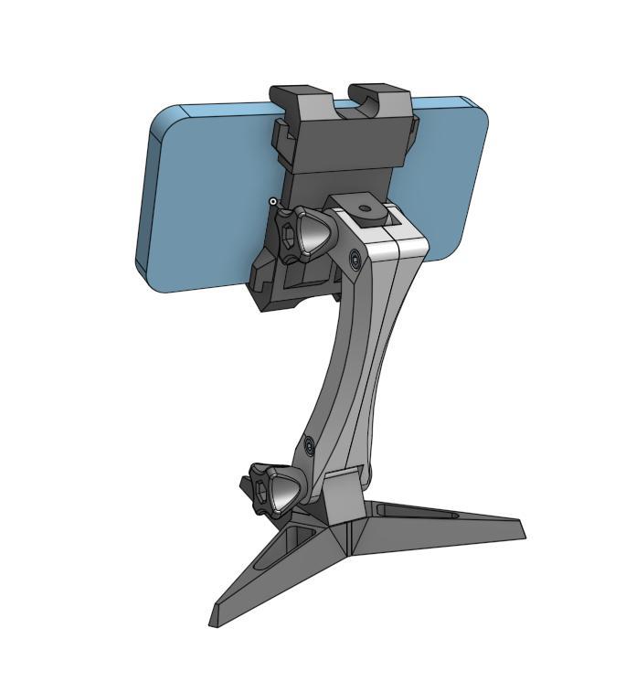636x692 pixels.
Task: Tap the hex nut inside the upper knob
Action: tap(289, 234)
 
